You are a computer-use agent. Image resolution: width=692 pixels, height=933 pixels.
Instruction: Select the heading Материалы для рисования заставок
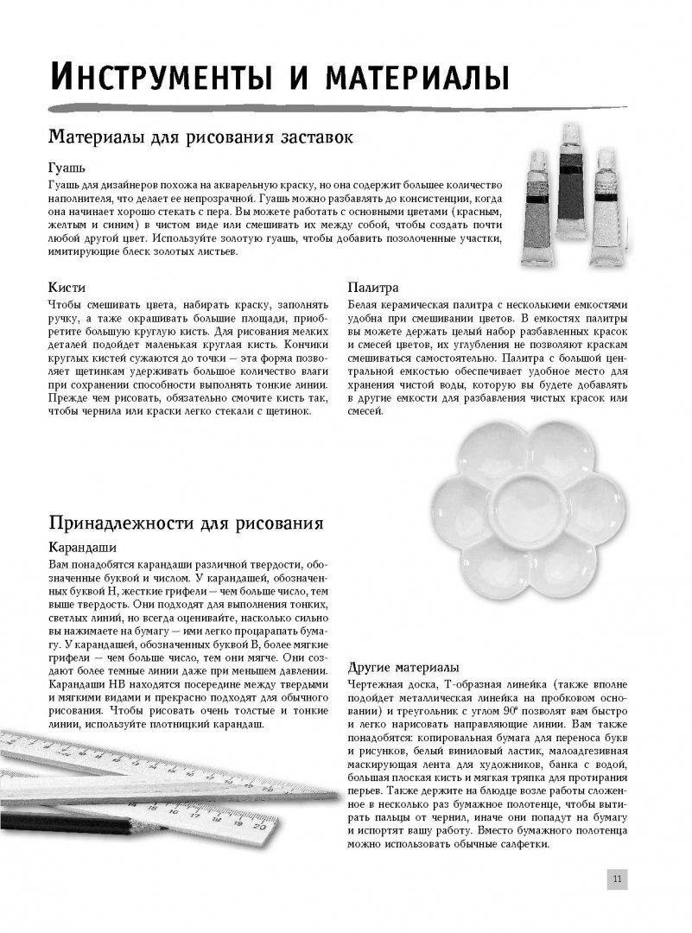click(200, 137)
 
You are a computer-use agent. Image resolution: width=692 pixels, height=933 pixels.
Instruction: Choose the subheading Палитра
click(372, 288)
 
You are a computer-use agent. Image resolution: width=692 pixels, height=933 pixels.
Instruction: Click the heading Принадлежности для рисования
click(186, 524)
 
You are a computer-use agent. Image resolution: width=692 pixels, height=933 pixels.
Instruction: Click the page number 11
click(617, 879)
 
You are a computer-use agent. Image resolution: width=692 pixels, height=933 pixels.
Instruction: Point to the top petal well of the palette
click(525, 447)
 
